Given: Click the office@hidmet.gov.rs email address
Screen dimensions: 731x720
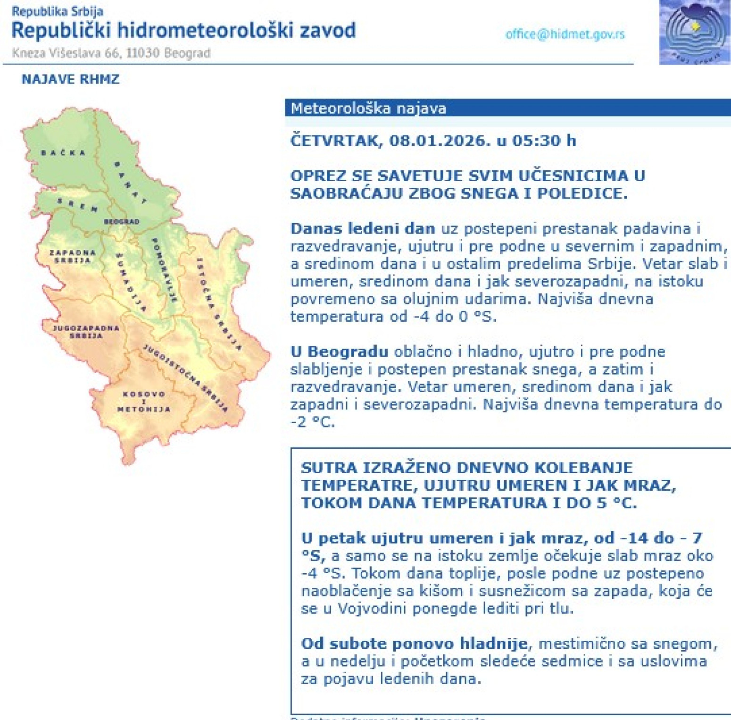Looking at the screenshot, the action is [565, 34].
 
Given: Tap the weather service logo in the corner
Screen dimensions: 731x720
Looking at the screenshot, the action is [694, 32].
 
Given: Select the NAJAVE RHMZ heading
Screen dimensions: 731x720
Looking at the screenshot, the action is [70, 79].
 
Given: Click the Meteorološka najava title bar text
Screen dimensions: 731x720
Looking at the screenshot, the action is [368, 109].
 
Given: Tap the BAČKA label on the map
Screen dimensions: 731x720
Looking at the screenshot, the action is [63, 153].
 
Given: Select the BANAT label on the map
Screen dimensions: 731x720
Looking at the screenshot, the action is [130, 183].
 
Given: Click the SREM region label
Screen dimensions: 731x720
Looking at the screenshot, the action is [77, 205].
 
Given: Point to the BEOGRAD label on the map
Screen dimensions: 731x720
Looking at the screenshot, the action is [121, 222].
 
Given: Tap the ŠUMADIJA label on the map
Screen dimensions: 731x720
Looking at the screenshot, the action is [131, 282].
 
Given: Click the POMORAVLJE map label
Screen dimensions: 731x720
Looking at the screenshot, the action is [164, 270].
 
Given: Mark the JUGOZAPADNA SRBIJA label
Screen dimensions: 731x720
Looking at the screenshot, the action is [86, 332].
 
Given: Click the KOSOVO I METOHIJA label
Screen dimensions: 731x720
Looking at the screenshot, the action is [144, 402].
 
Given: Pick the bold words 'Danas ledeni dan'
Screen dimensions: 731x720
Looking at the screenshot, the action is [362, 229].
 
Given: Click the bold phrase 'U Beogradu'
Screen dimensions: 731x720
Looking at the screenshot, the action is [339, 352].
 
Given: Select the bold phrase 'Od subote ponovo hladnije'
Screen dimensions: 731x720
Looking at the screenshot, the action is [414, 644].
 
